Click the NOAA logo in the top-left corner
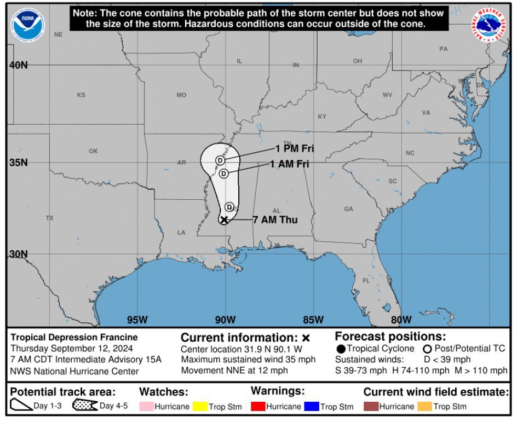[27, 23]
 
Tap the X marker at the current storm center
[224, 219]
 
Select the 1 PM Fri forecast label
[295, 148]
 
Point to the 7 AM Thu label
[275, 220]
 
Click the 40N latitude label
[18, 65]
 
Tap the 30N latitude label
[18, 254]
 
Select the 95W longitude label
[137, 320]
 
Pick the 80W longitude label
[401, 320]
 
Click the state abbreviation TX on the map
[50, 218]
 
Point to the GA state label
[348, 209]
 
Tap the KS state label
[81, 95]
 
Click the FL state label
[366, 280]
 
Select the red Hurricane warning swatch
[258, 407]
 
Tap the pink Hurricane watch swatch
[146, 407]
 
